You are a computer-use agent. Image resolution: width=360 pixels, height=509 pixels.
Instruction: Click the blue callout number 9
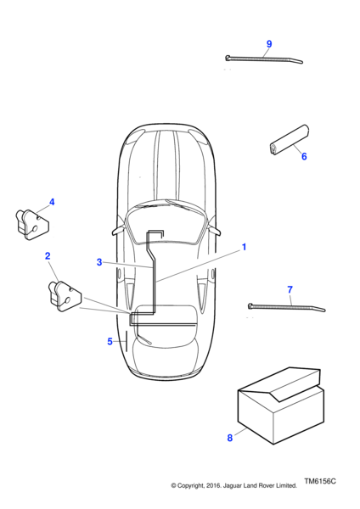tap(268, 44)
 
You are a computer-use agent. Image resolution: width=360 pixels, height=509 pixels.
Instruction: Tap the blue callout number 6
tap(304, 156)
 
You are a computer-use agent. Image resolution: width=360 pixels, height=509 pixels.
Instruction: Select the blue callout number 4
tap(52, 202)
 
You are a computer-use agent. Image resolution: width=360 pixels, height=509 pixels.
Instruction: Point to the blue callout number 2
tap(48, 256)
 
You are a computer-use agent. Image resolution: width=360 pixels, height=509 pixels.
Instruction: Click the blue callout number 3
tap(99, 262)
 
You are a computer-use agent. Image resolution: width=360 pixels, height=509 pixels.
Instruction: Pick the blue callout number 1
tap(244, 247)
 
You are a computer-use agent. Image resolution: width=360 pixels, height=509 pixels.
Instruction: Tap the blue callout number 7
tap(290, 289)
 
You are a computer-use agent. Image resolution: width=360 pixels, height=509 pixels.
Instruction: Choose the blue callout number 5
tap(110, 342)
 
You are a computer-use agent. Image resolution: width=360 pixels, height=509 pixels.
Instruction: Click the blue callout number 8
tap(230, 438)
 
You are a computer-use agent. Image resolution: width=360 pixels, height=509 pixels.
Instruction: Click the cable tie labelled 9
tap(264, 59)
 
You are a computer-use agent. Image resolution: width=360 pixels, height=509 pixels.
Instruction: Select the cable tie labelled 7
tap(286, 307)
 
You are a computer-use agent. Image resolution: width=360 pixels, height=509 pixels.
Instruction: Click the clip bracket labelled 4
tap(32, 224)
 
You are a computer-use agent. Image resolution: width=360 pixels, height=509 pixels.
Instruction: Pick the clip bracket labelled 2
tap(65, 294)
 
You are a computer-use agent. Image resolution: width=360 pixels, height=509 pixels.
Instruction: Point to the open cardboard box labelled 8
tap(281, 406)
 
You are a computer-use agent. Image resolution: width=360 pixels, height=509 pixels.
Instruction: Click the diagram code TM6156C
tap(320, 481)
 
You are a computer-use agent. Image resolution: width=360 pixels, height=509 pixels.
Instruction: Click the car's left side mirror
tap(118, 230)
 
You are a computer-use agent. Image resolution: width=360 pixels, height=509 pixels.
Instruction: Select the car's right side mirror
tap(215, 230)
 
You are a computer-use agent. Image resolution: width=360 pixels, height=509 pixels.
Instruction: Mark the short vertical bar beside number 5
tap(126, 341)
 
